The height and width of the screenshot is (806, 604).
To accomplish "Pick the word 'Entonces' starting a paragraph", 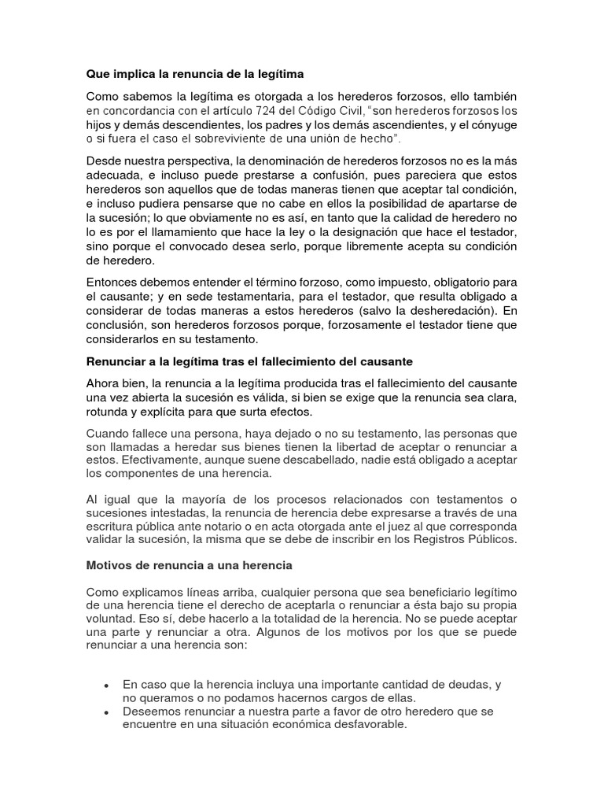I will (x=113, y=282).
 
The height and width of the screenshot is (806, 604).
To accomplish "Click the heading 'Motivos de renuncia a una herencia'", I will (x=189, y=565).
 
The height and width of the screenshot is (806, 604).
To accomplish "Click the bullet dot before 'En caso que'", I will (x=105, y=686).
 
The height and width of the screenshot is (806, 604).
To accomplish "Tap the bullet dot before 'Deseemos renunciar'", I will (x=105, y=712).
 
